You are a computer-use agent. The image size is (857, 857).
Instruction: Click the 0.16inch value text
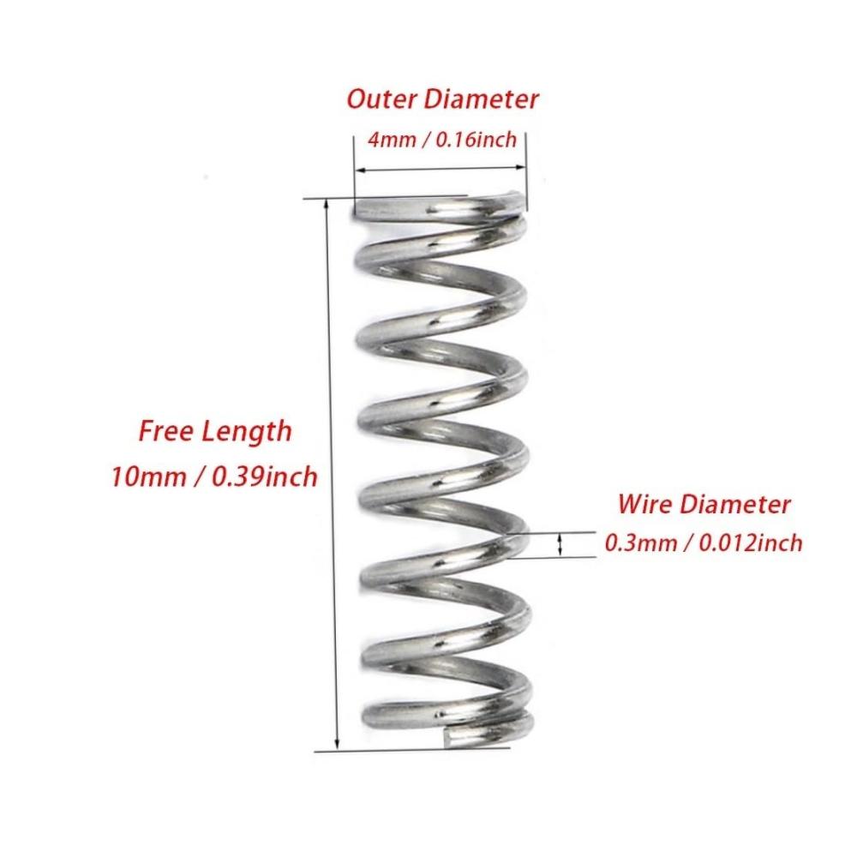pos(476,140)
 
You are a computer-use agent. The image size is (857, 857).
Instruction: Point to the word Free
pos(165,431)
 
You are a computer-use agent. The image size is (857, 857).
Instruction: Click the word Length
pos(247,432)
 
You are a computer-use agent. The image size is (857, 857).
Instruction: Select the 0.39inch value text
pos(264,477)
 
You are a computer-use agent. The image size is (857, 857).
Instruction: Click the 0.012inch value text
pos(751,543)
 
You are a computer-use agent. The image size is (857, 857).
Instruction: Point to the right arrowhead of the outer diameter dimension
pos(520,167)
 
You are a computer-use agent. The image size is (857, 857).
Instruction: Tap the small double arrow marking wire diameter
pos(559,545)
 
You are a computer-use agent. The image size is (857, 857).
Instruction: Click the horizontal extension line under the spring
pos(412,749)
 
